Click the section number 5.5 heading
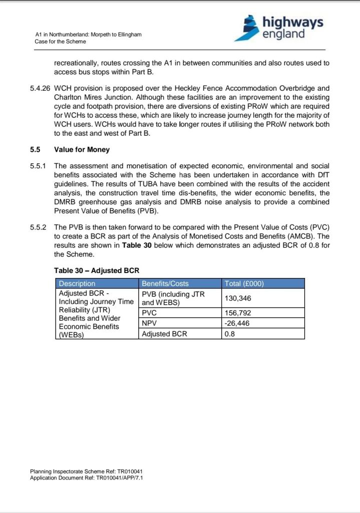click(35, 149)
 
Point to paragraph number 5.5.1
click(38, 166)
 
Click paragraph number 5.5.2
click(38, 227)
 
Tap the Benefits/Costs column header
click(165, 284)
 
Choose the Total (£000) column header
click(244, 284)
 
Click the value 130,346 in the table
click(238, 298)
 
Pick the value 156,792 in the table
click(238, 314)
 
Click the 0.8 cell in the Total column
click(230, 334)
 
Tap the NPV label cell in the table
click(150, 324)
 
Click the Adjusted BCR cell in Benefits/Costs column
click(165, 334)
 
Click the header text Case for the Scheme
click(60, 42)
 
